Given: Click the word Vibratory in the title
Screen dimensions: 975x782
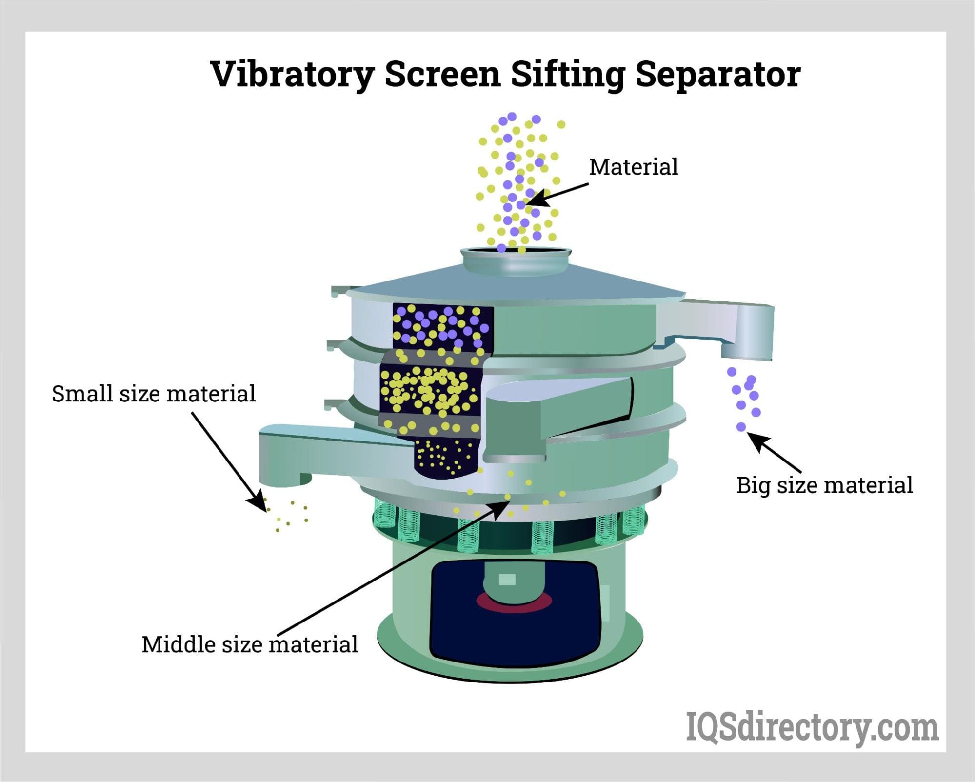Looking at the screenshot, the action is tap(292, 75).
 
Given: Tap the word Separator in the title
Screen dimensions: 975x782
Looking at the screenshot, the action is tap(718, 74).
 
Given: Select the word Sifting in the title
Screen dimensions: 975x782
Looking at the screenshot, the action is tap(568, 75).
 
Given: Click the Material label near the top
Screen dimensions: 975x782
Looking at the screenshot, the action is tap(633, 167).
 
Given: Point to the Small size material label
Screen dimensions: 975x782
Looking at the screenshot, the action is tap(154, 393).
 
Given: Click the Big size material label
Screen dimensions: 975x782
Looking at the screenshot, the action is tap(824, 485).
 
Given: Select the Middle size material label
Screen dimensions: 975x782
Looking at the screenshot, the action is tap(250, 644).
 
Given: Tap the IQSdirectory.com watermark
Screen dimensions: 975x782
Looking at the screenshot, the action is tap(812, 727).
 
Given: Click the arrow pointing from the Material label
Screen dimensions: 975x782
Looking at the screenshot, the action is tap(557, 194).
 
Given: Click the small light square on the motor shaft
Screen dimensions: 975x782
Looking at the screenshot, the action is tap(508, 580).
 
